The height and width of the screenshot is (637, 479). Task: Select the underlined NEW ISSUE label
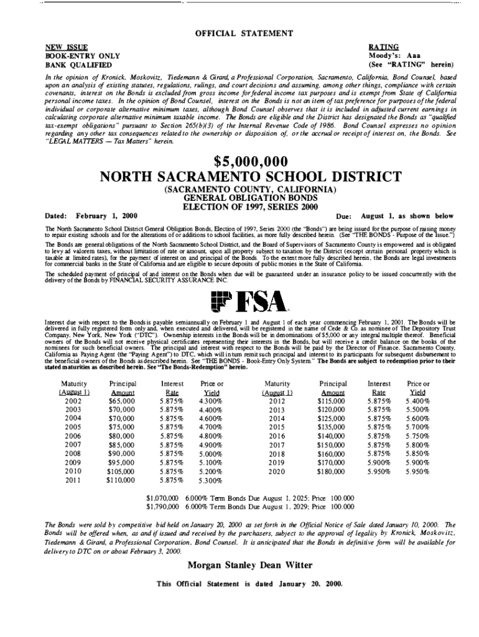[x=65, y=47]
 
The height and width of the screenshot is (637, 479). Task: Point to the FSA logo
[x=249, y=301]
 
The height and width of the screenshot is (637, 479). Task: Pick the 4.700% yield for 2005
[x=212, y=427]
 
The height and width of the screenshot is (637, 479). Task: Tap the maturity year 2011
[x=73, y=480]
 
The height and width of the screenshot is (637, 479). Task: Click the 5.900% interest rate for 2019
[x=379, y=463]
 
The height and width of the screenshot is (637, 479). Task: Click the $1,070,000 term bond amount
[x=162, y=498]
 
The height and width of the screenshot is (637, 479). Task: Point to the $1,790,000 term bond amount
[x=162, y=506]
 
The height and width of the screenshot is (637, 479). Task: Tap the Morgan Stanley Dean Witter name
[x=249, y=565]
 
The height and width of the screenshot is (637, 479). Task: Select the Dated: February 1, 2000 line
[x=91, y=215]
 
